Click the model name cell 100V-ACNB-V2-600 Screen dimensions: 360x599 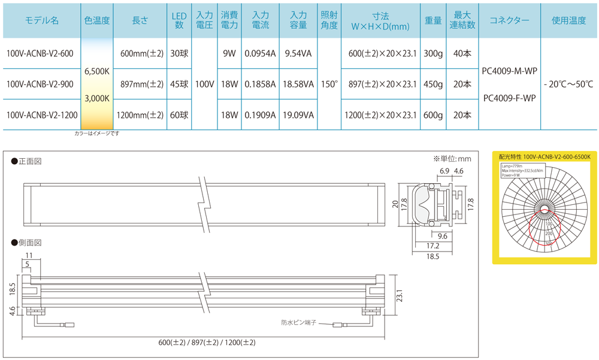40,54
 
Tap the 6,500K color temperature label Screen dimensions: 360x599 97,71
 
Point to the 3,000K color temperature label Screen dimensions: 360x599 97,98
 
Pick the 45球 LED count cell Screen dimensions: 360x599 179,84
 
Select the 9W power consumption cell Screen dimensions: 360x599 228,54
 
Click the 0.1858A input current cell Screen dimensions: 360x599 260,84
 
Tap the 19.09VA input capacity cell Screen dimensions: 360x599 298,114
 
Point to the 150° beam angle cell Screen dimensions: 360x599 329,84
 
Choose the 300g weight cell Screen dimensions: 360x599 432,54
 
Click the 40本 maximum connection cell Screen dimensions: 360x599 462,54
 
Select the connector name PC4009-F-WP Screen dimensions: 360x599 509,98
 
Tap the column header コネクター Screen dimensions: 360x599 509,20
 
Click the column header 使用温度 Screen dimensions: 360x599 568,20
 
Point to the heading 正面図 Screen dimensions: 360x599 30,161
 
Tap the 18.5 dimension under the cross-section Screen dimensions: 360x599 434,256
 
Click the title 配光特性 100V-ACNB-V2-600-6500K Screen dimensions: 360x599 544,156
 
